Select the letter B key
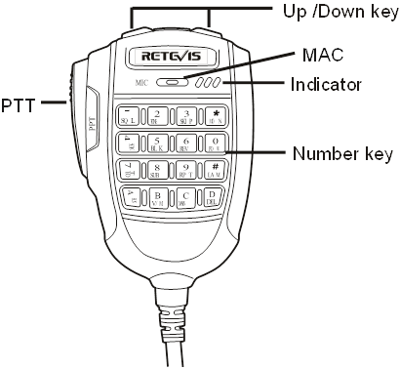click(x=158, y=198)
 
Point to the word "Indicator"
click(x=327, y=84)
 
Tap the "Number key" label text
click(x=343, y=154)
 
